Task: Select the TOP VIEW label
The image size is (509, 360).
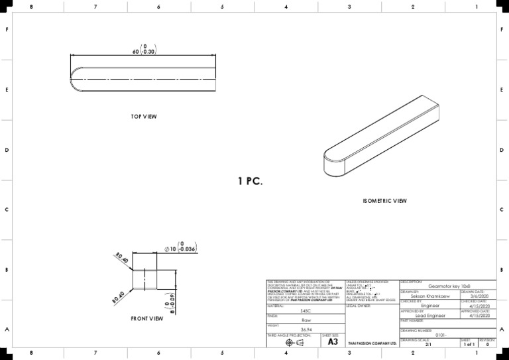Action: click(x=144, y=117)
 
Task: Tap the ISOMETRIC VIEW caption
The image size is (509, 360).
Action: click(x=384, y=200)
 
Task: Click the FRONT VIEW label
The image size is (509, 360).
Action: click(x=146, y=319)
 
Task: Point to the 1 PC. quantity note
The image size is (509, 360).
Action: click(x=251, y=181)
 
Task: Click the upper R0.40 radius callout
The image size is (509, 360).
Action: click(x=121, y=257)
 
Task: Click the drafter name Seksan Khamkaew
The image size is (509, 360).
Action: click(x=430, y=296)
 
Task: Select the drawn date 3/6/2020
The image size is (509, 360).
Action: click(x=479, y=296)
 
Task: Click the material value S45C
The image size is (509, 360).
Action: click(x=305, y=310)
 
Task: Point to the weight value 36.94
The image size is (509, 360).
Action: click(x=306, y=330)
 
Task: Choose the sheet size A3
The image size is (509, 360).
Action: click(x=333, y=342)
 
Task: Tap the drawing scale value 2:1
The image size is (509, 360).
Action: click(x=429, y=345)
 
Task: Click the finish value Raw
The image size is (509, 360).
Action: click(x=305, y=320)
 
